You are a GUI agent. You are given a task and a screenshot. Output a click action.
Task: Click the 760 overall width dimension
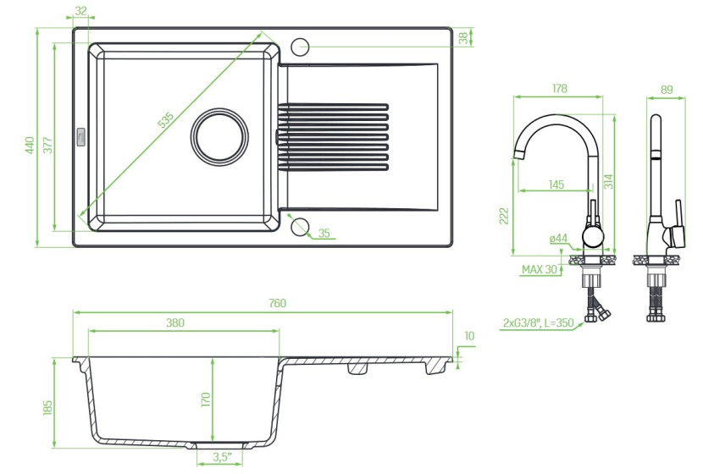277,303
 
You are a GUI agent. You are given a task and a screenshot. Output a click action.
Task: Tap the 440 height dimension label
30,145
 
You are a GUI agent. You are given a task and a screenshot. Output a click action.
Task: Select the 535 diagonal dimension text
165,120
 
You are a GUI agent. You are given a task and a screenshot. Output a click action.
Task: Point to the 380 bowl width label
174,322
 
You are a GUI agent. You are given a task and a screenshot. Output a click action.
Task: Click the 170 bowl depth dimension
205,400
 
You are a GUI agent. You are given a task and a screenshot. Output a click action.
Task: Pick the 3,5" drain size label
222,457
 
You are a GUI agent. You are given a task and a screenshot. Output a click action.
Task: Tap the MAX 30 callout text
539,270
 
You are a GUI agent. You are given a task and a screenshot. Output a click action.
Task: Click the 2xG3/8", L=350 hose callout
538,322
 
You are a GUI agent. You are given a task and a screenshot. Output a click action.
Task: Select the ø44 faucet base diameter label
558,239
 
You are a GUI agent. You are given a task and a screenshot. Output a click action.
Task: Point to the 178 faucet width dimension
559,89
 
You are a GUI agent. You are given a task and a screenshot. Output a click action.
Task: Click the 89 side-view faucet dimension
667,90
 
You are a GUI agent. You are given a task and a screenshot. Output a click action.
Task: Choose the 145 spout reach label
556,185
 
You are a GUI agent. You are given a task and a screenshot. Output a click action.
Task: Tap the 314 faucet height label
608,181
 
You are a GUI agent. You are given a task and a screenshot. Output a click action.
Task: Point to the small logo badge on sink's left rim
81,136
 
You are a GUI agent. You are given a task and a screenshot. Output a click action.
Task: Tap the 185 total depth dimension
47,407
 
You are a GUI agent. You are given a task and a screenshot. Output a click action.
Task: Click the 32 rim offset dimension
80,11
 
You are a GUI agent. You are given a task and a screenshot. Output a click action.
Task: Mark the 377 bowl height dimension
48,145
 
